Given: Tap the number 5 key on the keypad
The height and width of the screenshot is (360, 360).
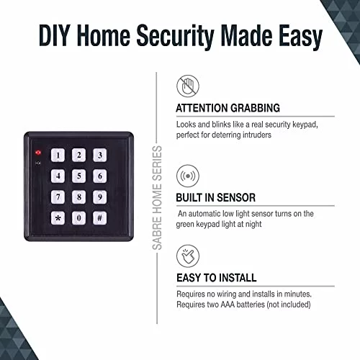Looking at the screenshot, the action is (78, 176).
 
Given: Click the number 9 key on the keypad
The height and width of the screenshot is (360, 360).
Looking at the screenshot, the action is (100, 197).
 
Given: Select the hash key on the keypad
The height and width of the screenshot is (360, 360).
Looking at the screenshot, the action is (100, 218).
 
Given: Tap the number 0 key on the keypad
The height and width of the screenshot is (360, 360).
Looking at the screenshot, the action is (78, 218).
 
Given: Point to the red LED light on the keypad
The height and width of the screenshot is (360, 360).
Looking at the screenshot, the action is (38, 153).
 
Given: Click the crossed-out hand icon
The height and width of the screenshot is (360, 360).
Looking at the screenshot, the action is (188, 86).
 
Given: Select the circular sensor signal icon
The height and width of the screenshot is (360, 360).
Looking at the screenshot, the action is (188, 176).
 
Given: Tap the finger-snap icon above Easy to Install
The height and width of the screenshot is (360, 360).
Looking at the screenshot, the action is (188, 256).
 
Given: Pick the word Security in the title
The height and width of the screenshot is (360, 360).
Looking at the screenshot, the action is (175, 37).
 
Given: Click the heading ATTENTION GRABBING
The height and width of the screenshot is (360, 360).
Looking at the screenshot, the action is (228, 108).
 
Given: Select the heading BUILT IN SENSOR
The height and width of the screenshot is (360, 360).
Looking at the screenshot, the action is (216, 197).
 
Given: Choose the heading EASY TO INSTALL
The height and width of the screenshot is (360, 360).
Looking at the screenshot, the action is (217, 278).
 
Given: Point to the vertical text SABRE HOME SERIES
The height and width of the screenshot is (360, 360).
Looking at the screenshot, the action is (158, 198).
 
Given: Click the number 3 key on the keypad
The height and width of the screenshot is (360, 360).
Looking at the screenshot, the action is (100, 155).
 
